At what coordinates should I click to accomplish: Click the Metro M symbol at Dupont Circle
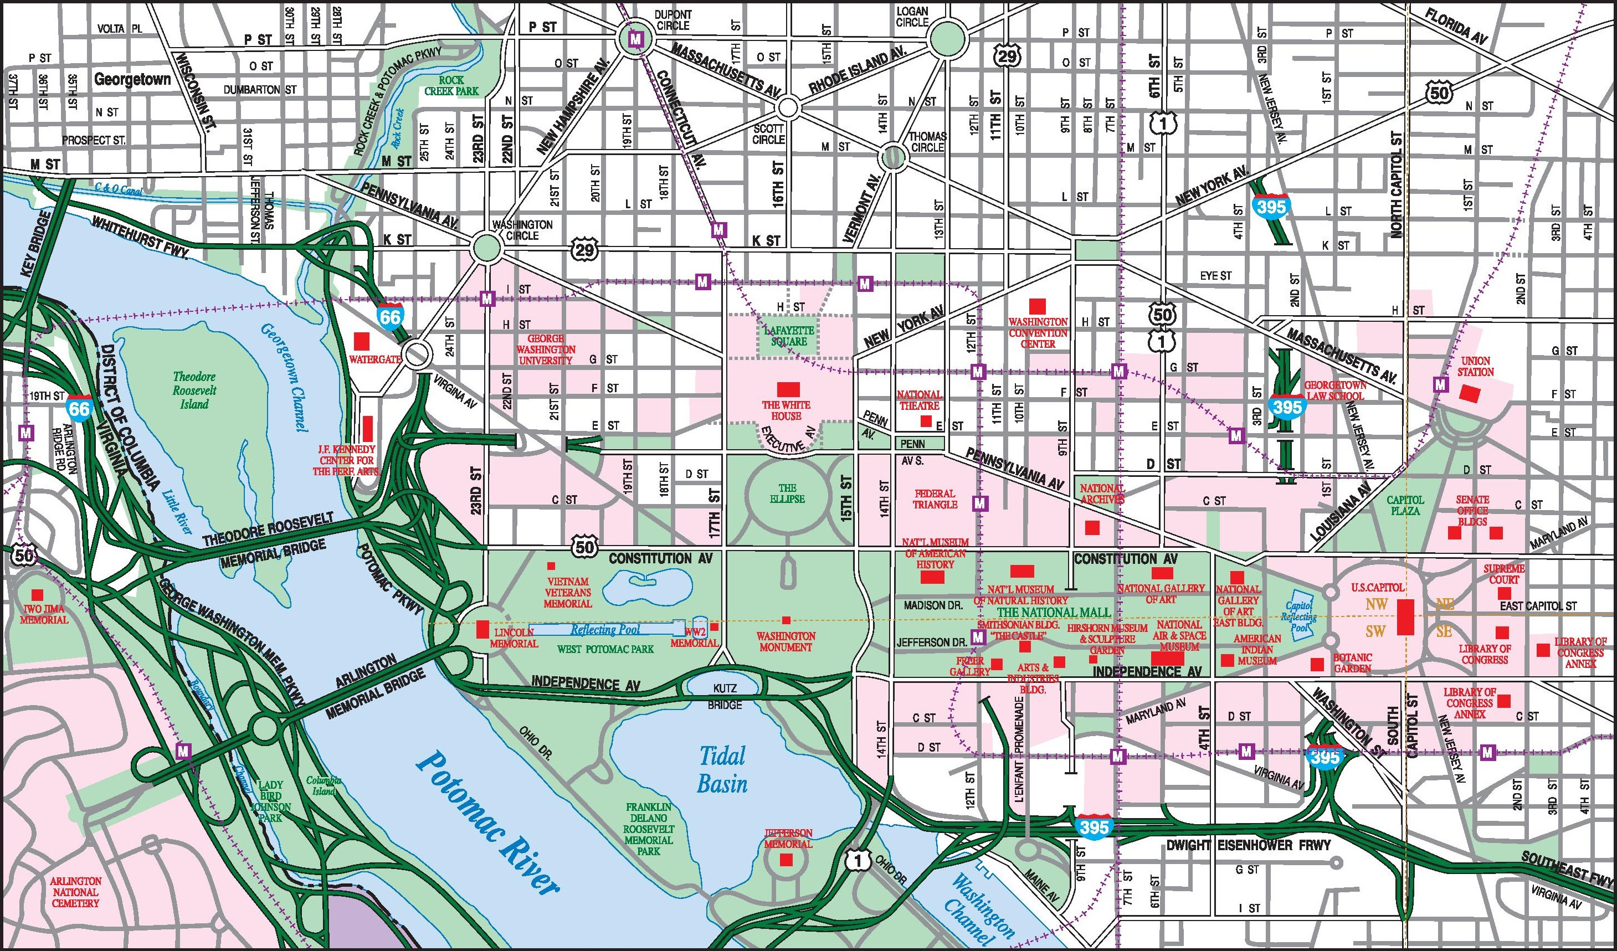(x=636, y=39)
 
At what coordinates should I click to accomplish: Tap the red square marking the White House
(x=787, y=389)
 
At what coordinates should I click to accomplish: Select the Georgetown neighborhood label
(x=132, y=80)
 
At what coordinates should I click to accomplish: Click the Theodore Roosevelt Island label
(x=194, y=390)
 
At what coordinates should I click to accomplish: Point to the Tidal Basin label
(x=722, y=770)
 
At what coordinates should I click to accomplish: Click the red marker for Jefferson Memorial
(x=786, y=861)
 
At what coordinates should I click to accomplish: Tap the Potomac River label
(x=487, y=823)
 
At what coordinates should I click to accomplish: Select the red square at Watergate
(x=362, y=341)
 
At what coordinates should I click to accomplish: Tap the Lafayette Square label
(x=789, y=336)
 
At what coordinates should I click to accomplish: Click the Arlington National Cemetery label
(x=75, y=892)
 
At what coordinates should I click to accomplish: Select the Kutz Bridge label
(x=725, y=696)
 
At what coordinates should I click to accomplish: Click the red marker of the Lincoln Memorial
(x=482, y=629)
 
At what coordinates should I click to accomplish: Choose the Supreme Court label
(x=1504, y=574)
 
